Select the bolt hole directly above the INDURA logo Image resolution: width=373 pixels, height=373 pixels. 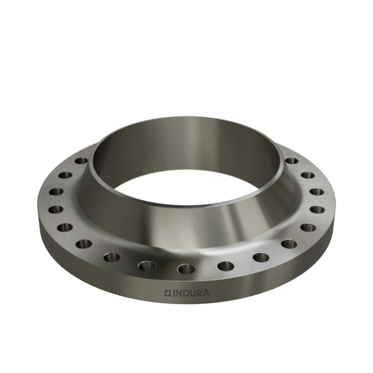click(186, 269)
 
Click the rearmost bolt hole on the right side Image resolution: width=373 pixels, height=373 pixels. click(291, 161)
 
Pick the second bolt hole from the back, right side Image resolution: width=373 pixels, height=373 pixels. click(307, 175)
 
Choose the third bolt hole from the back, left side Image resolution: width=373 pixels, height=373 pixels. click(56, 191)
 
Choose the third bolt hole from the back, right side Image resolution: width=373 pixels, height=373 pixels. click(316, 191)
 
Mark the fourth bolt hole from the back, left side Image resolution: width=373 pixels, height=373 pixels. click(56, 209)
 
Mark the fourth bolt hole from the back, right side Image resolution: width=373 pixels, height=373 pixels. click(317, 209)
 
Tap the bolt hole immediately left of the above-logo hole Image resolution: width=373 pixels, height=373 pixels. click(147, 266)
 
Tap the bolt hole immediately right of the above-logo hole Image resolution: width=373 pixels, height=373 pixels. click(226, 266)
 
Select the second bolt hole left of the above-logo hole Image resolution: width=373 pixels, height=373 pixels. click(112, 257)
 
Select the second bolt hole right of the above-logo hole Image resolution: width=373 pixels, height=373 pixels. click(261, 257)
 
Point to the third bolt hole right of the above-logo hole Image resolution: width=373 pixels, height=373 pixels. click(288, 244)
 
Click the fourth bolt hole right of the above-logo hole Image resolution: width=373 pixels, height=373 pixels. click(308, 227)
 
